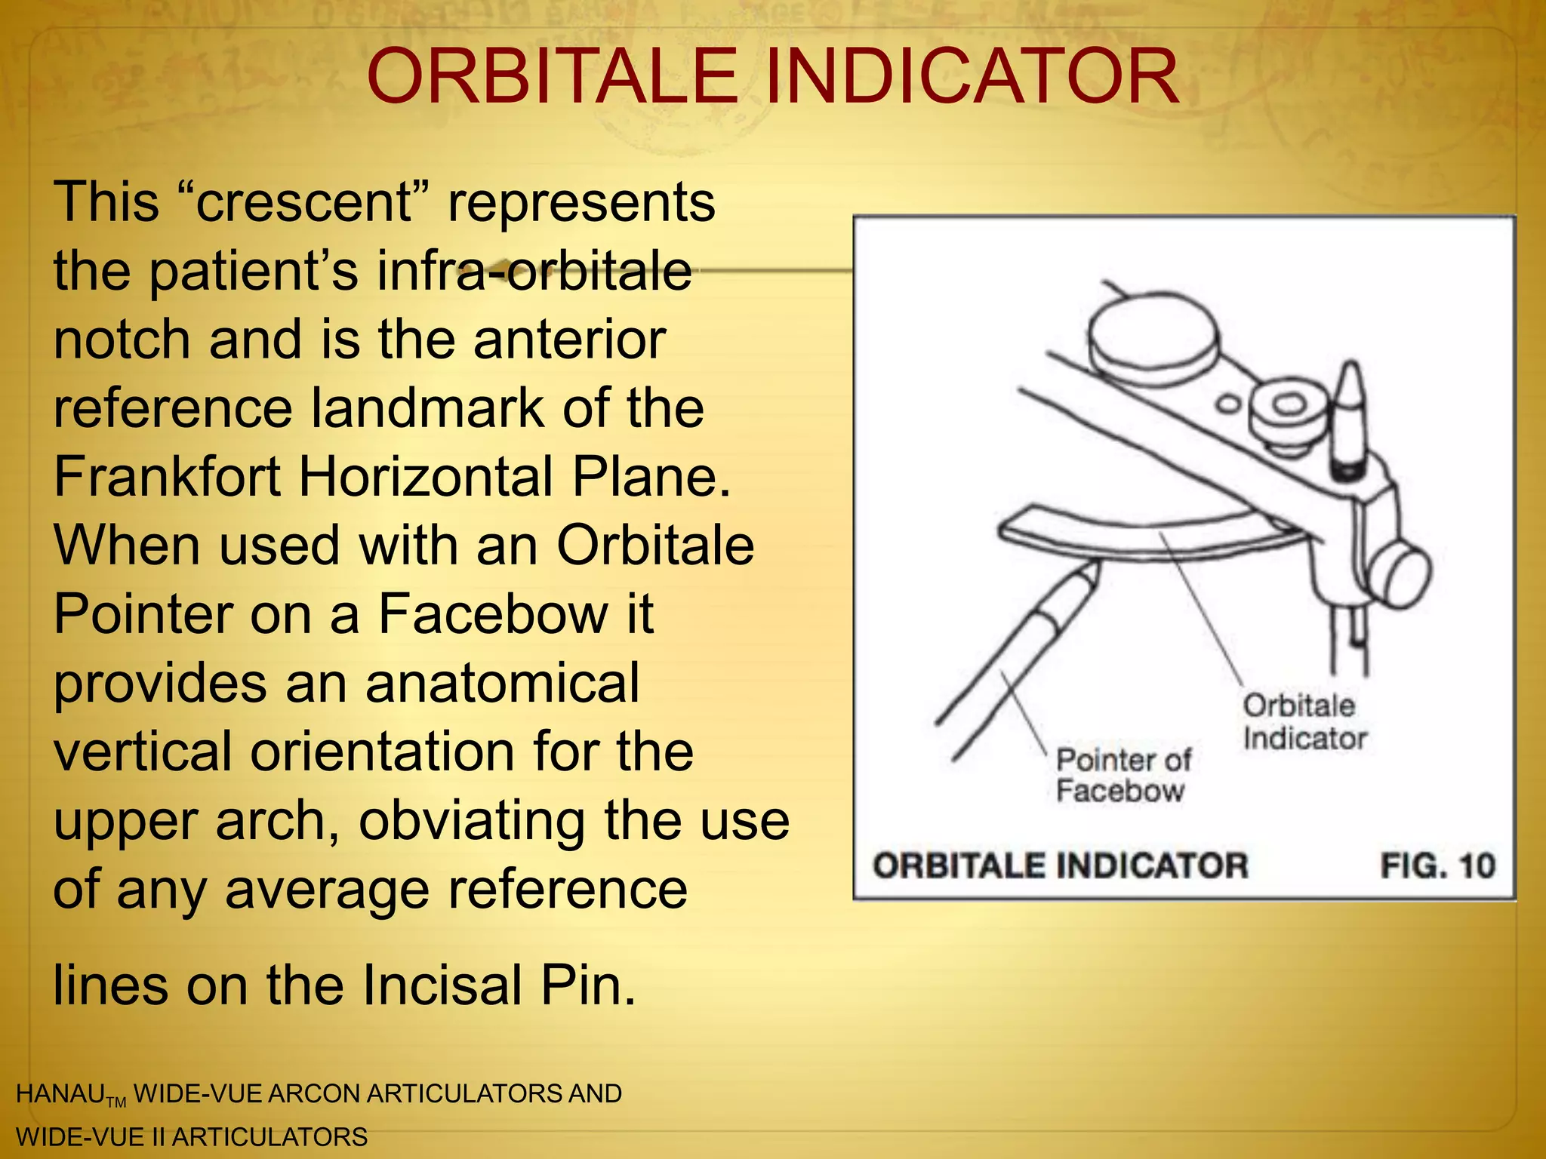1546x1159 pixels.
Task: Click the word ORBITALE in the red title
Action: click(551, 77)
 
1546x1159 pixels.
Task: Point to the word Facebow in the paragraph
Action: click(491, 614)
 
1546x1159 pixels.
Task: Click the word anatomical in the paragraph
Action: click(502, 683)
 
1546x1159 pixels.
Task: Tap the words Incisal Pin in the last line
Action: click(499, 985)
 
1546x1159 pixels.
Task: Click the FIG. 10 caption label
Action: click(1437, 865)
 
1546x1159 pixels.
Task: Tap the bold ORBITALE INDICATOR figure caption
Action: click(1061, 865)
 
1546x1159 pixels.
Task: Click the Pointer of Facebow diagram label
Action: click(1123, 775)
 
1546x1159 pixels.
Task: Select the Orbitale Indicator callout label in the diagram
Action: click(1304, 722)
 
